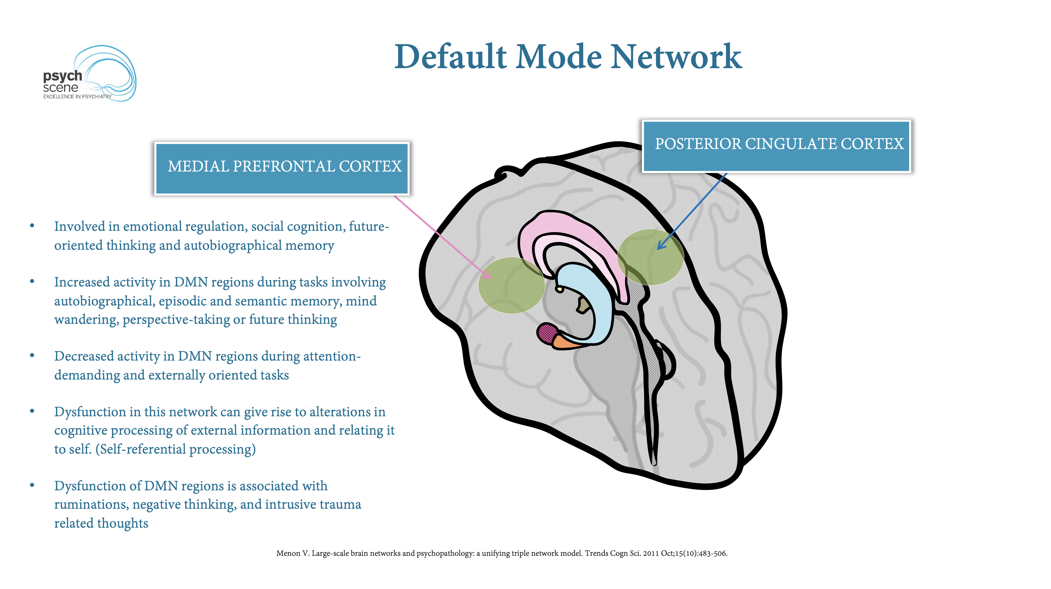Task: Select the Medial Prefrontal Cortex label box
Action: coord(282,168)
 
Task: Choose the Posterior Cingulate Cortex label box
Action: coord(776,146)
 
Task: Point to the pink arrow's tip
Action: coord(490,279)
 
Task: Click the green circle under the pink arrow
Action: coord(512,285)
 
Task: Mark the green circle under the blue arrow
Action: coord(650,257)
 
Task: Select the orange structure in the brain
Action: coord(565,342)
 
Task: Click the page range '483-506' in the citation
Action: coord(712,553)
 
